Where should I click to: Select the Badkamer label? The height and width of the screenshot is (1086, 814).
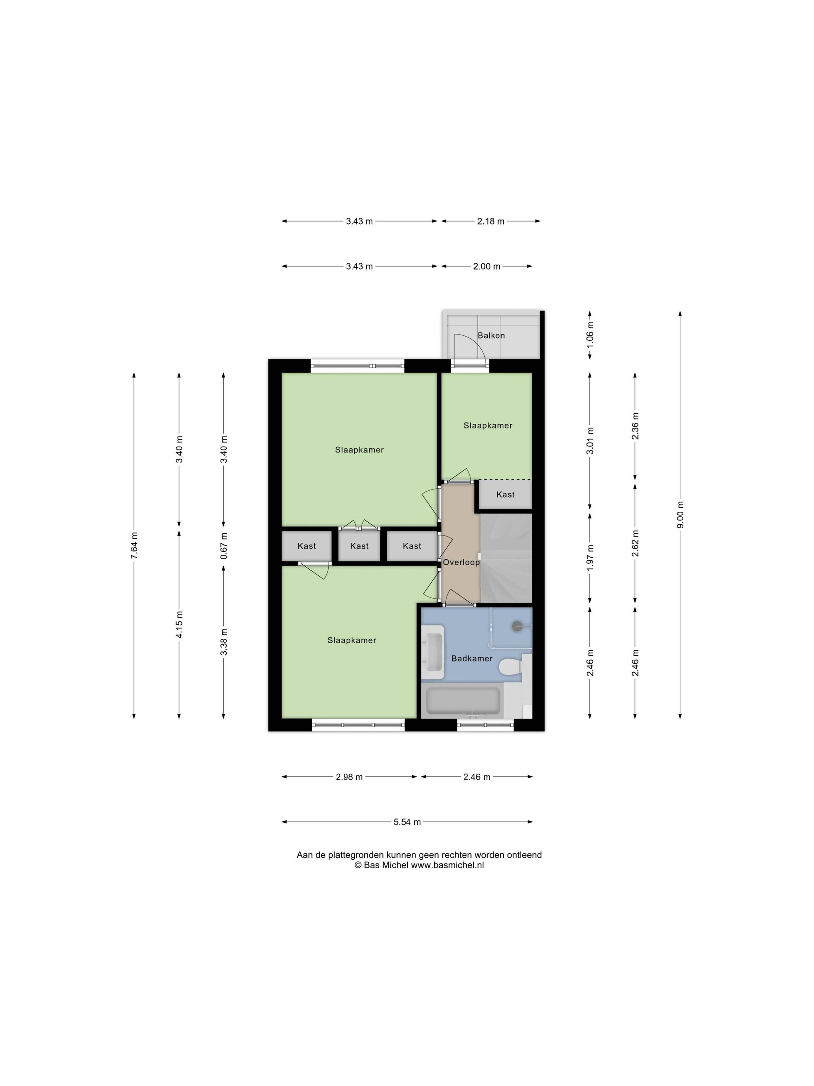coord(471,658)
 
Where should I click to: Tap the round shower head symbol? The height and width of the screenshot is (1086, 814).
coord(517,626)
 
